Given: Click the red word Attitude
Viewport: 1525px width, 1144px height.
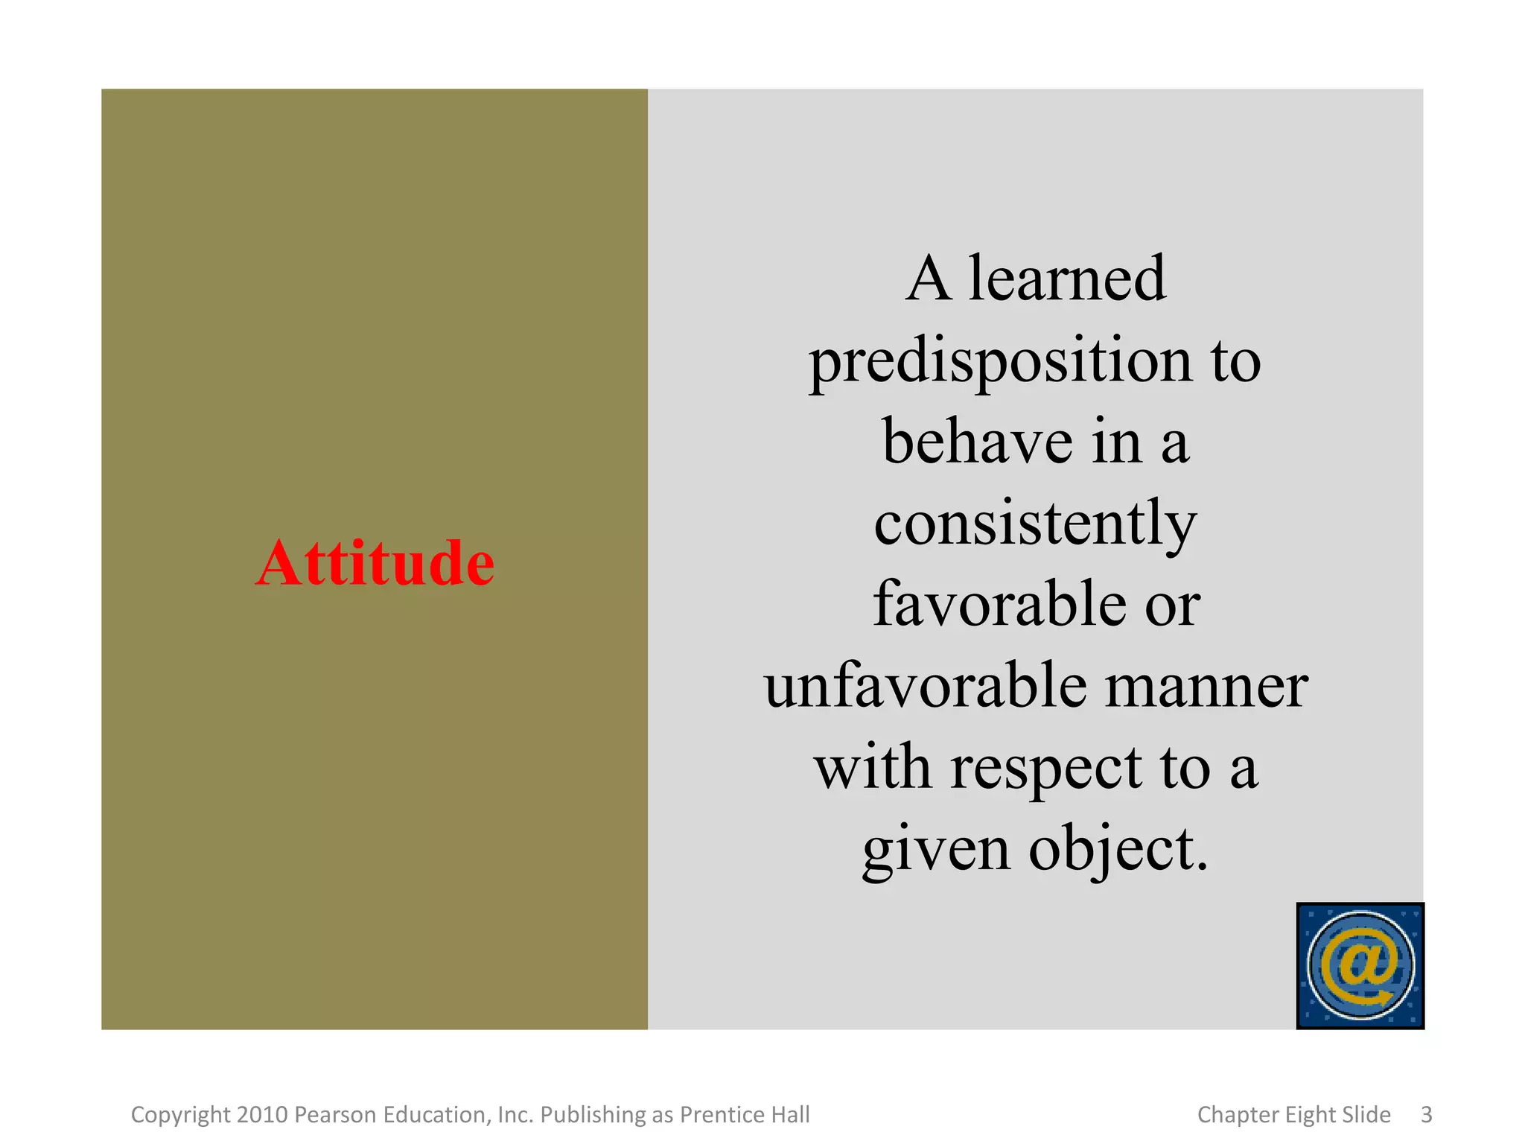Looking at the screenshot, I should click(375, 563).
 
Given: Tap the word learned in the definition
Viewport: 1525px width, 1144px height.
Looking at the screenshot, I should click(1066, 279).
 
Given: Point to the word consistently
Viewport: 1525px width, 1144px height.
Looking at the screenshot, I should click(1035, 524).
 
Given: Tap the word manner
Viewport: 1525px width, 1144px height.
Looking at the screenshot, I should click(1206, 687).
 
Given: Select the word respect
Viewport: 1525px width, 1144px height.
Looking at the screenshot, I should click(1045, 768).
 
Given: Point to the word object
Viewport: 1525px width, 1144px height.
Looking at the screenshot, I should click(1117, 850).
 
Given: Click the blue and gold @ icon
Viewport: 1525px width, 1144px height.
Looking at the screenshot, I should click(1360, 966).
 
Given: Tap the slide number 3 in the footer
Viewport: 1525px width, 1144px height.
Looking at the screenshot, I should click(1426, 1115).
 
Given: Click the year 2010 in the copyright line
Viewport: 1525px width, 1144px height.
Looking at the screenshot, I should click(262, 1115).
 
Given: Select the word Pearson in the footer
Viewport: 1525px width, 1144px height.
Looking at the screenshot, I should click(337, 1115).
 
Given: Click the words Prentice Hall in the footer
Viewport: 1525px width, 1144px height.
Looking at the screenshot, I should click(745, 1115).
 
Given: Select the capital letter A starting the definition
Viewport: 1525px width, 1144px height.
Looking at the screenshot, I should click(929, 279).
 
